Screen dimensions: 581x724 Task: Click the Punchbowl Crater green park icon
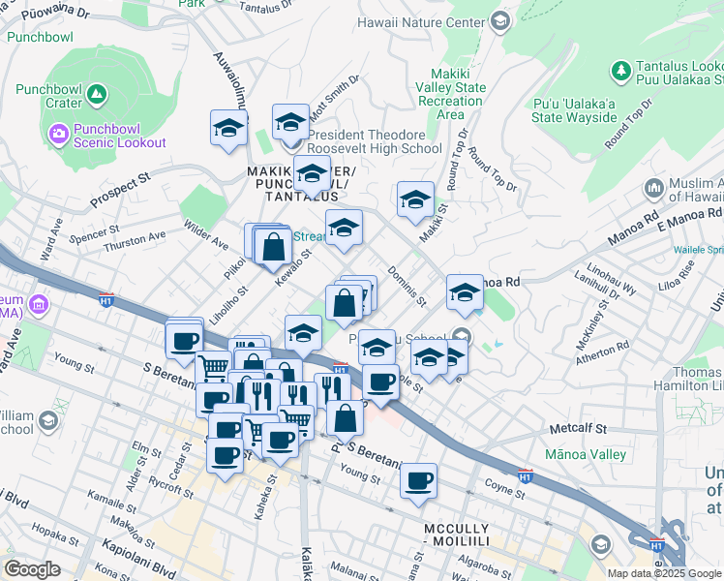pyautogui.click(x=95, y=94)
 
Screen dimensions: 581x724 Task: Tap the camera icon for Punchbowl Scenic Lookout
pyautogui.click(x=58, y=132)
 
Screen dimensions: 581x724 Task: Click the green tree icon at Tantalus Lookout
pyautogui.click(x=619, y=71)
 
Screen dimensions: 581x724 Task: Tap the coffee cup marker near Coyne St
pyautogui.click(x=418, y=481)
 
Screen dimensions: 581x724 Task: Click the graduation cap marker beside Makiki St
pyautogui.click(x=415, y=200)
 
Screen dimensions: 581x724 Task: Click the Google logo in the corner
pyautogui.click(x=33, y=568)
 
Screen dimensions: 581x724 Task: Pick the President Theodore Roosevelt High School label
pyautogui.click(x=374, y=141)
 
